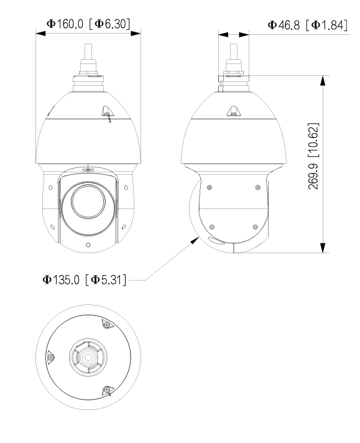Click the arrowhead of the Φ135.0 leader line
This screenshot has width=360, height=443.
pyautogui.click(x=194, y=238)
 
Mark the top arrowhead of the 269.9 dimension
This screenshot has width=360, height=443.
pyautogui.click(x=323, y=80)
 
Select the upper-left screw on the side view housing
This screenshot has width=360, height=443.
pyautogui.click(x=210, y=187)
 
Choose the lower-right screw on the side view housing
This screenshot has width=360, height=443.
pyautogui.click(x=254, y=226)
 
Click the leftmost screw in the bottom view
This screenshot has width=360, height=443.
pyautogui.click(x=51, y=357)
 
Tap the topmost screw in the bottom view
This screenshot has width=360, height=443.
pyautogui.click(x=105, y=325)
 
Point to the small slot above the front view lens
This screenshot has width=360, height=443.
pyautogui.click(x=87, y=168)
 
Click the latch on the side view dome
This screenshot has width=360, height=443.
pyautogui.click(x=233, y=111)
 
